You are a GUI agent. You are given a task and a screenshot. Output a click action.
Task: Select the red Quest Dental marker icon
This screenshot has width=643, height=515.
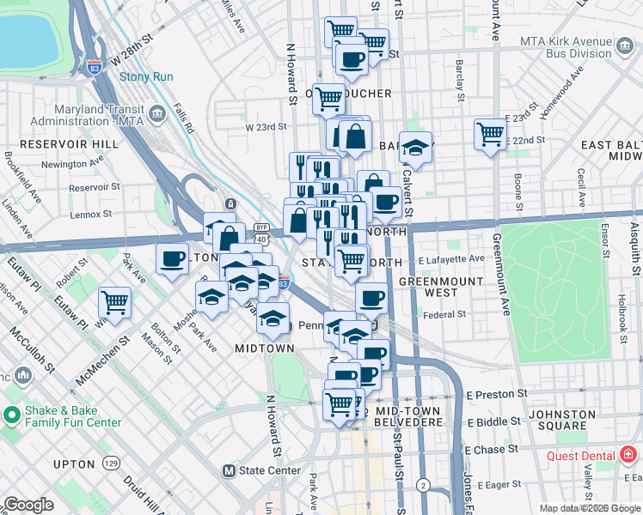point(628,455)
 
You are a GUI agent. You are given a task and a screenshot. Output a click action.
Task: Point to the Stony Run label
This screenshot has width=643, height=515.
point(146,76)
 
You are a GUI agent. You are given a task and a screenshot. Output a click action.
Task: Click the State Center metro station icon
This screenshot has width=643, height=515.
point(229,470)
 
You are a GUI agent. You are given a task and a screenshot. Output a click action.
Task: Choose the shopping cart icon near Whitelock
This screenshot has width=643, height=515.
point(115,302)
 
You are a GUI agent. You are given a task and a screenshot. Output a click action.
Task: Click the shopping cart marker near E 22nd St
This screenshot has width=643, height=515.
point(490,134)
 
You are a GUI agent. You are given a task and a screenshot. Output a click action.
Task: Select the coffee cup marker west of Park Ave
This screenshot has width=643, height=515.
point(172,258)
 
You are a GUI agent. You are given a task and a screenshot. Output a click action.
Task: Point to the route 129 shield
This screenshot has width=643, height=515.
point(111,463)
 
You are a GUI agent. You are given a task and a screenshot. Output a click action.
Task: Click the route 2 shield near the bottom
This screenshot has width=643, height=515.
point(423,485)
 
